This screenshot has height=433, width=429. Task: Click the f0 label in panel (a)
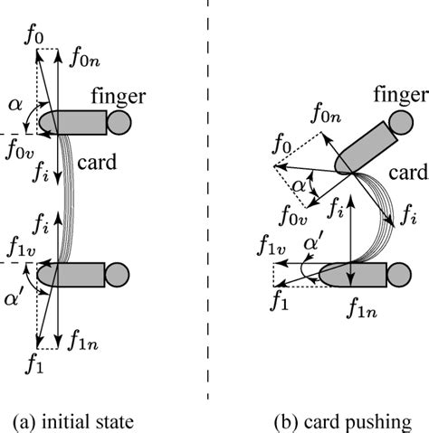click(x=33, y=36)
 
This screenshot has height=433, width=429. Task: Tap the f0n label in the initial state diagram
click(x=84, y=59)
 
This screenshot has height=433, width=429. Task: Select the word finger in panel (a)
click(x=119, y=97)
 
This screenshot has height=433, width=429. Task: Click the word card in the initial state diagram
click(x=97, y=162)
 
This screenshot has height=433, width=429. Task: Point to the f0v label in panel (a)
click(x=20, y=150)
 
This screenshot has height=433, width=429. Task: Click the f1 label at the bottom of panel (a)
click(x=34, y=364)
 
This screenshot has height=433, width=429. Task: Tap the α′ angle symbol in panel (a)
click(x=12, y=299)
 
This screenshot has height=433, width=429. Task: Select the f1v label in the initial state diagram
click(x=22, y=247)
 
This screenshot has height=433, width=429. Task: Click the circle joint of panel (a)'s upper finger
click(x=119, y=122)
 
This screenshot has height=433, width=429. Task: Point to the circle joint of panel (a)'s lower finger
click(x=118, y=275)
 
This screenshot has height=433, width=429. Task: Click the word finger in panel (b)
click(x=401, y=95)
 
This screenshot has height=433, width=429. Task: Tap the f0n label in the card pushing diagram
click(x=326, y=114)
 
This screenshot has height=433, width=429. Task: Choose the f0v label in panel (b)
click(x=293, y=215)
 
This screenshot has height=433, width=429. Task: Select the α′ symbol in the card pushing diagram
click(x=314, y=242)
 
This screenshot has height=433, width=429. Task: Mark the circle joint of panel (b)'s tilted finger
click(x=401, y=123)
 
